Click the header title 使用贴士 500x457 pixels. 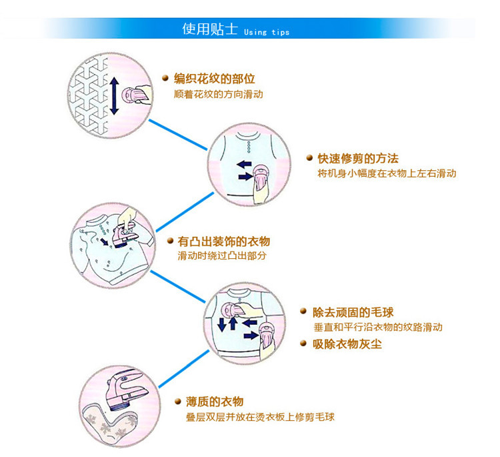pyautogui.click(x=209, y=29)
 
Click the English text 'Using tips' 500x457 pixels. pyautogui.click(x=267, y=32)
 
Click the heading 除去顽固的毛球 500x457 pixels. pyautogui.click(x=353, y=312)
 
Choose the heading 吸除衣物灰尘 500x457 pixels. pyautogui.click(x=347, y=344)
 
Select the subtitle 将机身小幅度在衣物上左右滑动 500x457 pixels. pyautogui.click(x=387, y=173)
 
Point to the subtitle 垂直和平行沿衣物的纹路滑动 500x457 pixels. pyautogui.click(x=377, y=328)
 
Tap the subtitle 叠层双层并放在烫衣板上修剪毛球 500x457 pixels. pyautogui.click(x=260, y=417)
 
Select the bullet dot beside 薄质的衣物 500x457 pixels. pyautogui.click(x=178, y=401)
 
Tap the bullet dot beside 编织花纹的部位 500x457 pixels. pyautogui.click(x=165, y=79)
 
